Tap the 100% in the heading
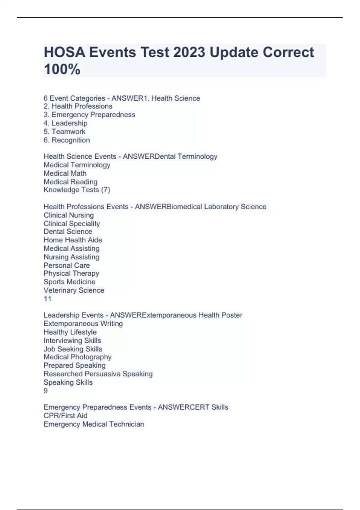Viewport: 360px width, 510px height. point(62,69)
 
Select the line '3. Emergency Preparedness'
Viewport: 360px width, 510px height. point(89,115)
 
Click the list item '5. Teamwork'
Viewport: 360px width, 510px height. point(64,131)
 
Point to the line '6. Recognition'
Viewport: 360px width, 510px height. point(67,140)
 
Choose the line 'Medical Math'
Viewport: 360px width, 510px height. point(65,173)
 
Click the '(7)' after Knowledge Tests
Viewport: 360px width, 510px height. point(106,190)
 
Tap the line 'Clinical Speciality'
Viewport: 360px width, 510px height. point(72,223)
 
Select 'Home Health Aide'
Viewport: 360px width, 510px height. point(73,240)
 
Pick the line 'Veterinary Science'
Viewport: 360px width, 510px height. point(74,290)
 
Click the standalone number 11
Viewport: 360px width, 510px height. point(47,298)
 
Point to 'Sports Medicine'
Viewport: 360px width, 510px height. point(70,282)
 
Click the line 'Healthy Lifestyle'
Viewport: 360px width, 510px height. point(70,332)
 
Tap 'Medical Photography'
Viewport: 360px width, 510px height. point(78,357)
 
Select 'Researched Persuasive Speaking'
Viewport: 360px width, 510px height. point(98,374)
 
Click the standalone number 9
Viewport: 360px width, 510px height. point(46,391)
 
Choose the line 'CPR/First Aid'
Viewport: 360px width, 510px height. point(66,415)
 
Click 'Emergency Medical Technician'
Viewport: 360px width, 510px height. point(94,424)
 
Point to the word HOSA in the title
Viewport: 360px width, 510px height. point(64,52)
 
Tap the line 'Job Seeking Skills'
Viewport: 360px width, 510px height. point(73,349)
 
